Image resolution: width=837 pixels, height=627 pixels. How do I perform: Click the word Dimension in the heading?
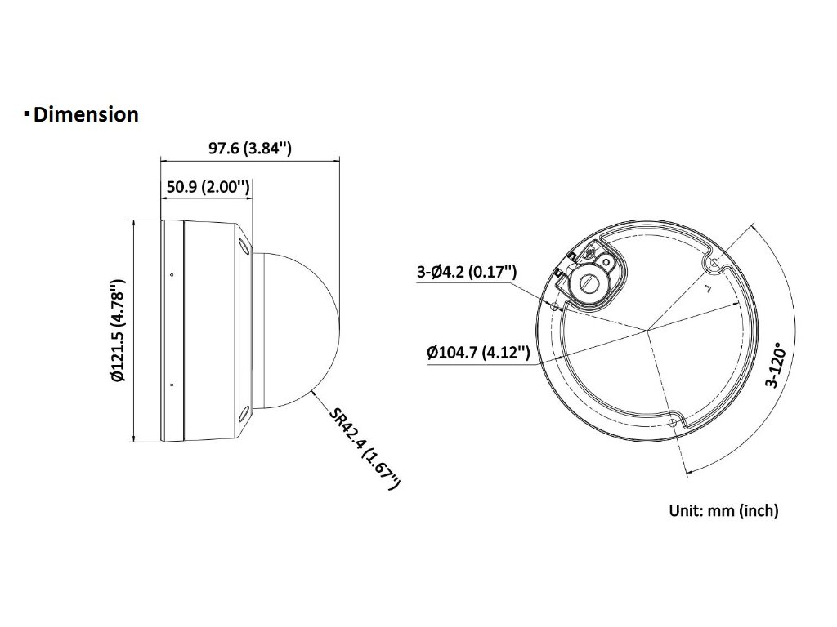86,114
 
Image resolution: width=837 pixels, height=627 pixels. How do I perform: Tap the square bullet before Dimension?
27,113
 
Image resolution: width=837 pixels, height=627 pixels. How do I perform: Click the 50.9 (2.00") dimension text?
208,187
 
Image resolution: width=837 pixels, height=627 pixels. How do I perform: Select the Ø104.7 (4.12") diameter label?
479,353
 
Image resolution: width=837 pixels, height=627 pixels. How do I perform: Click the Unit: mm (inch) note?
723,511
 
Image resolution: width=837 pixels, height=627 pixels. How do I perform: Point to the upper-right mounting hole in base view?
714,264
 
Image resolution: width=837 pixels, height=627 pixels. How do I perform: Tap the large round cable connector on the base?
588,282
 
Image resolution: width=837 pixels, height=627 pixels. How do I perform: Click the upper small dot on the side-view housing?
172,275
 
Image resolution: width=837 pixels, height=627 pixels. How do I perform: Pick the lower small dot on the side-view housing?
172,385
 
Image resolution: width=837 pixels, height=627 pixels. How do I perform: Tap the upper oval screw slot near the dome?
243,244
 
